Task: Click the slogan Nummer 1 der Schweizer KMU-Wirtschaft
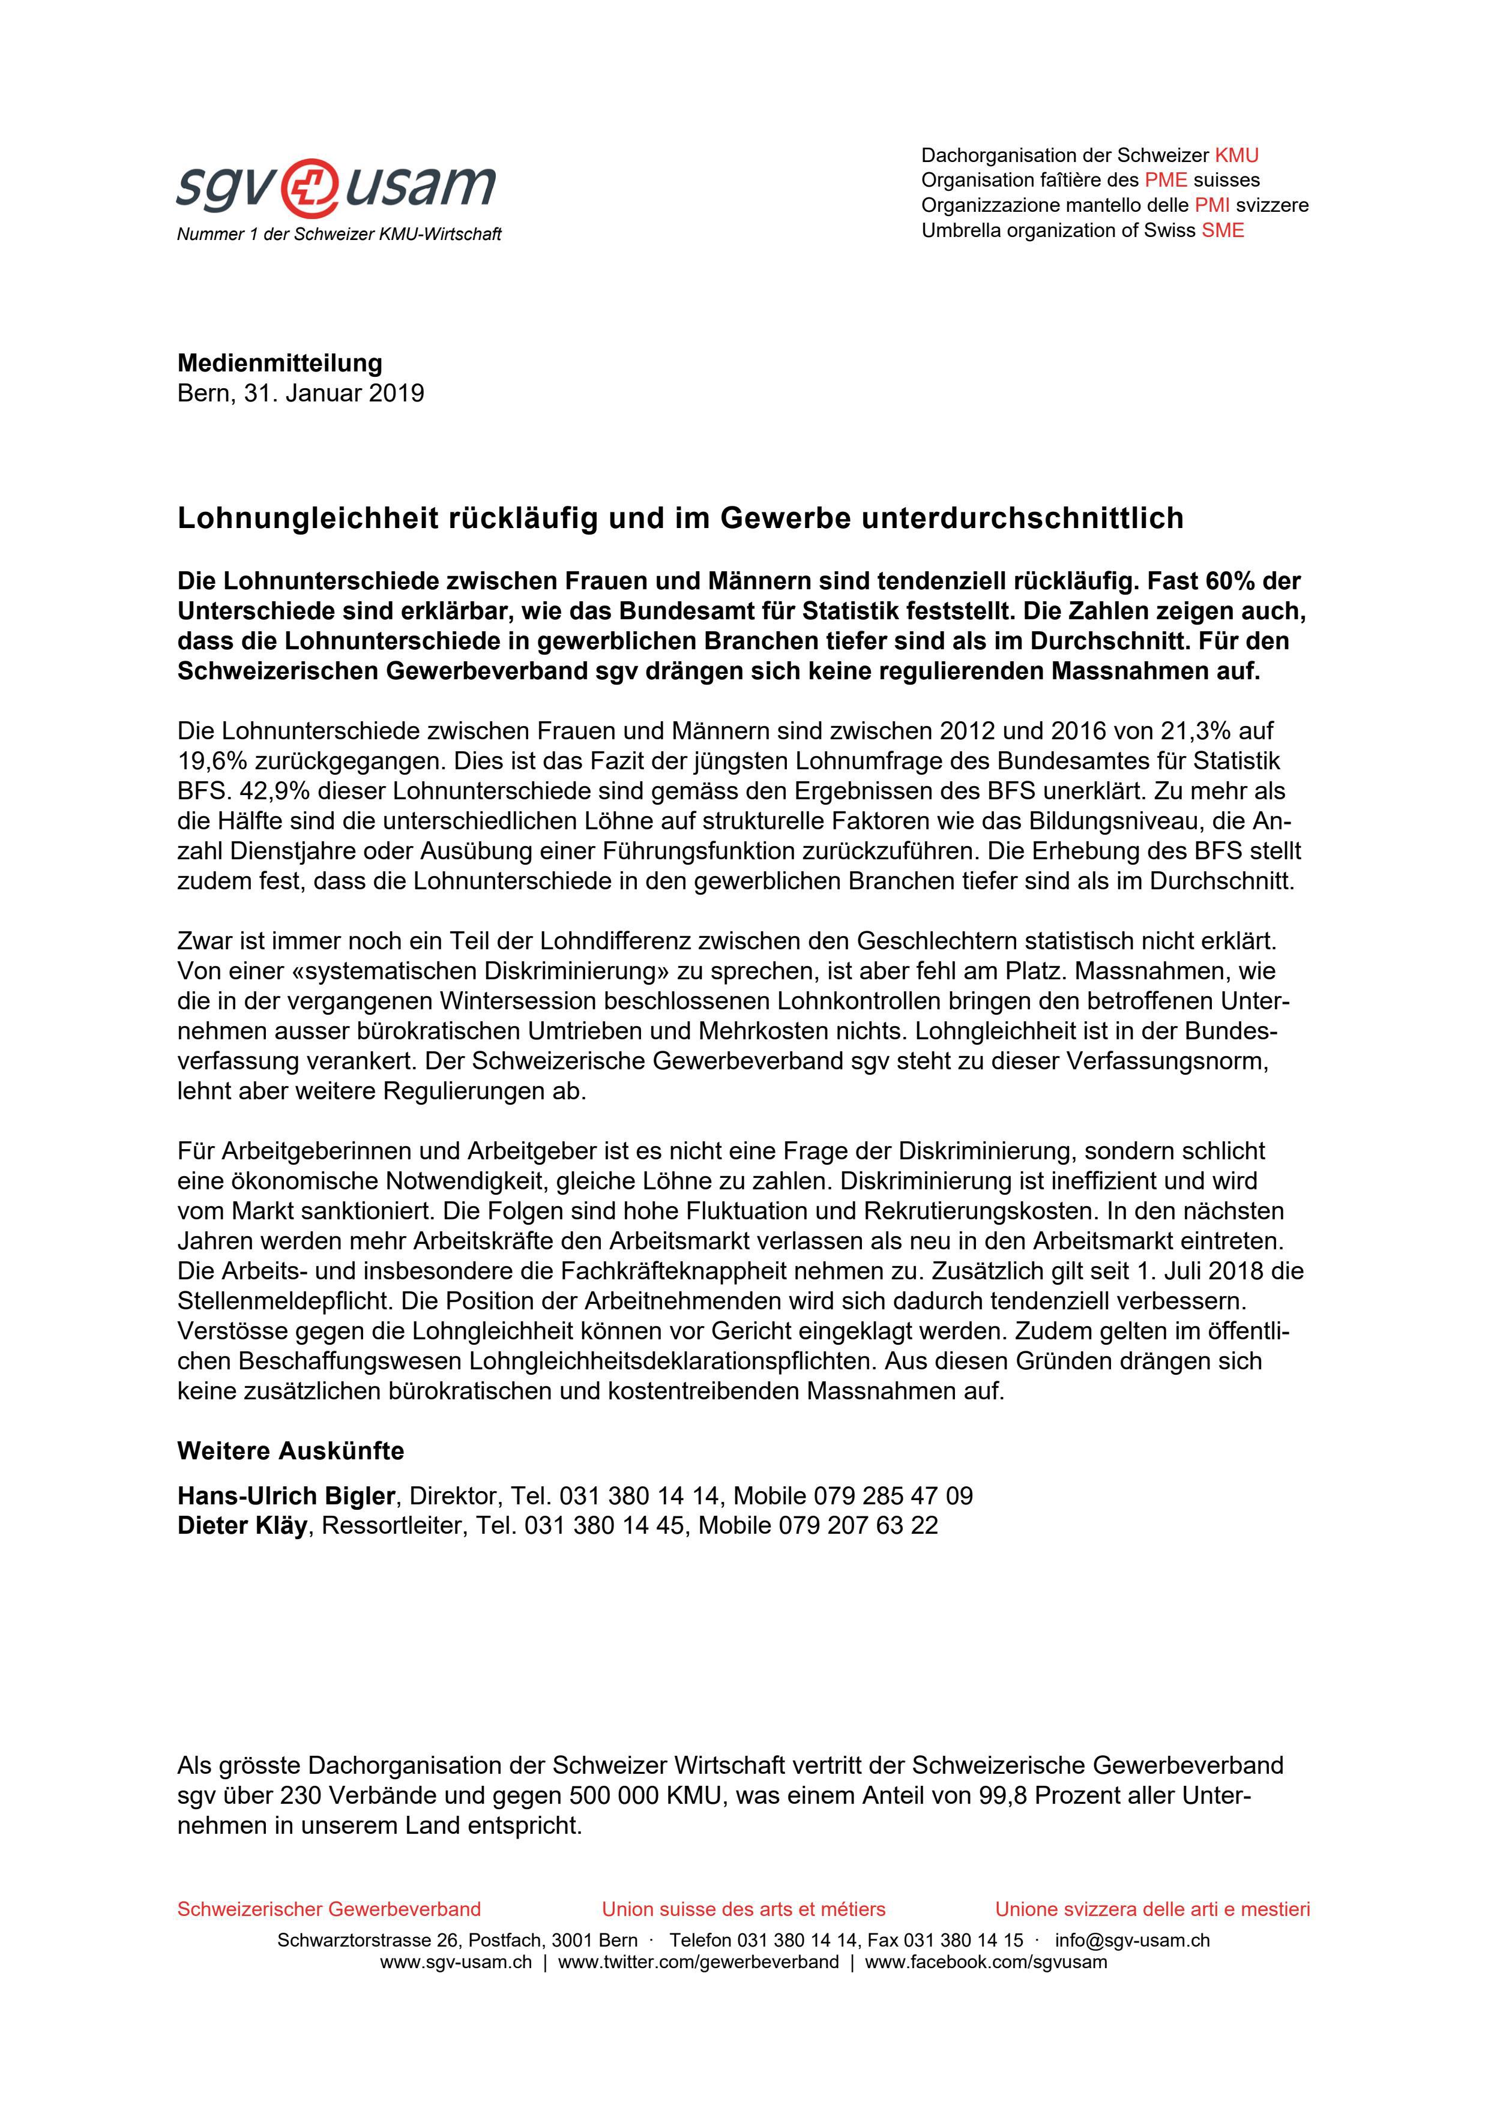339,235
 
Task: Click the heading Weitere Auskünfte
290,1452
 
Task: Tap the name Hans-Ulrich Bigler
285,1496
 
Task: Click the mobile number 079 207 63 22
858,1525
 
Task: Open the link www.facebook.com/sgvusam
986,1962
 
